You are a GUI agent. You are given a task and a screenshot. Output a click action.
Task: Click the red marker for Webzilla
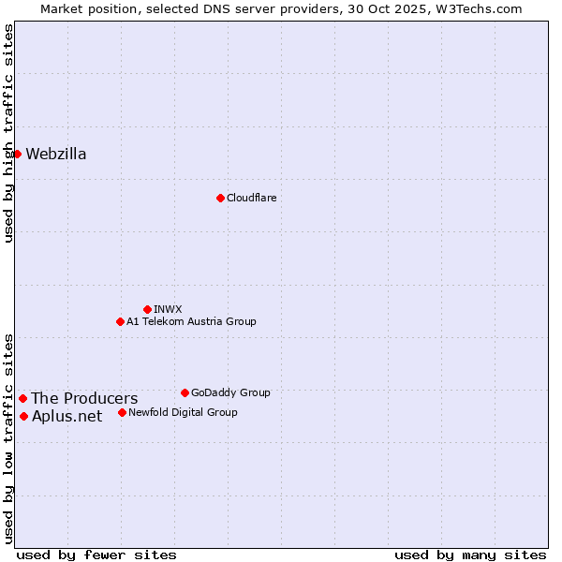point(17,154)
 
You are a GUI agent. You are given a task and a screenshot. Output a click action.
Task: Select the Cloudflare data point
point(220,198)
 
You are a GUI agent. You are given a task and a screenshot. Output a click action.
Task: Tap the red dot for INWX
point(147,309)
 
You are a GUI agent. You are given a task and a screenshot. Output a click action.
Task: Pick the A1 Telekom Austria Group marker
point(120,321)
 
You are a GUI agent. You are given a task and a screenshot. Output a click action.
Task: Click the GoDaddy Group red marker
point(185,392)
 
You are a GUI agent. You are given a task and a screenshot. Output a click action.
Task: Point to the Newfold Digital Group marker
point(122,412)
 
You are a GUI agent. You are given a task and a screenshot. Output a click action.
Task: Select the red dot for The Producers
point(22,398)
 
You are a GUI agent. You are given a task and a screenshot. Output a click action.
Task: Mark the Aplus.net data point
point(23,416)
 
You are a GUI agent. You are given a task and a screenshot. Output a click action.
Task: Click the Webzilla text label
point(56,155)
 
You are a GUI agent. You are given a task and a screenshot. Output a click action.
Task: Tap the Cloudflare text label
point(251,198)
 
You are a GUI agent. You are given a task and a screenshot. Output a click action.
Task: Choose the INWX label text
point(168,309)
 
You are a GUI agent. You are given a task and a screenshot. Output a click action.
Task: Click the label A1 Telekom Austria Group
point(191,321)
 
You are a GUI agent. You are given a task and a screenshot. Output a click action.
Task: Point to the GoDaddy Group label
point(230,392)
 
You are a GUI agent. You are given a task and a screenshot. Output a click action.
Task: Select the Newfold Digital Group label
point(183,412)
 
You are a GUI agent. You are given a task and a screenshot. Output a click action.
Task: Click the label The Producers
point(84,399)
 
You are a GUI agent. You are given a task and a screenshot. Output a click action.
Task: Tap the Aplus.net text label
point(67,417)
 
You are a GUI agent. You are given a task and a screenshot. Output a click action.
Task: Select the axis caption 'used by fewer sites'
point(96,555)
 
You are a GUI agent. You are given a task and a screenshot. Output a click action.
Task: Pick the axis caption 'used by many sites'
point(470,555)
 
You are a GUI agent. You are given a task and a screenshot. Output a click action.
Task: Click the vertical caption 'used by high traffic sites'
point(8,133)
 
